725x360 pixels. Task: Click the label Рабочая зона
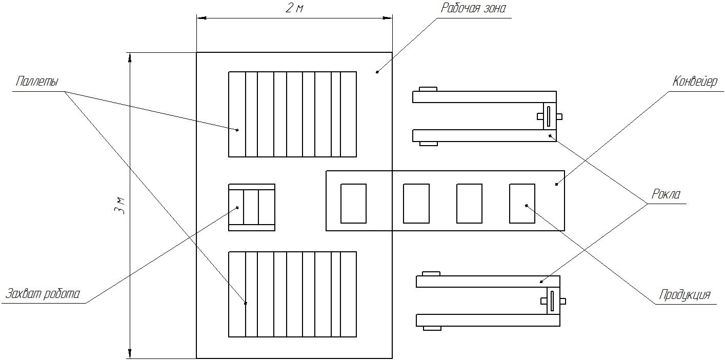473,8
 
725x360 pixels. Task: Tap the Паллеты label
37,81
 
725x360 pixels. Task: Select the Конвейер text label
695,81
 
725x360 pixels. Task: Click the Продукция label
685,295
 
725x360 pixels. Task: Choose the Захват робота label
43,294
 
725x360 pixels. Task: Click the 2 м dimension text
294,8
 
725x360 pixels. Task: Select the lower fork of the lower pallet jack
488,320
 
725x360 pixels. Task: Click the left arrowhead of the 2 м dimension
202,18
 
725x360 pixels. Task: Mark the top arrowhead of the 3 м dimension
130,57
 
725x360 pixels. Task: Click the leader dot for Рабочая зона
377,72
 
